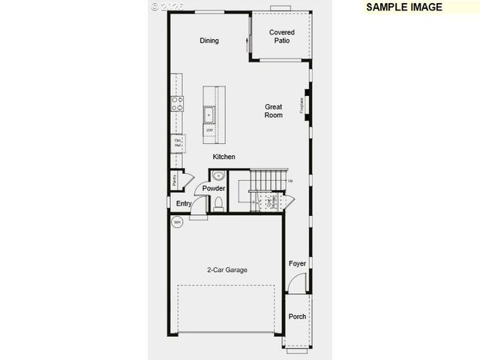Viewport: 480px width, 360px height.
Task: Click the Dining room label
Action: coord(209,40)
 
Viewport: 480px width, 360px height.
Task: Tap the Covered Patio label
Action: coord(282,36)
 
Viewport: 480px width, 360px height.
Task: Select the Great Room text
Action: coord(273,111)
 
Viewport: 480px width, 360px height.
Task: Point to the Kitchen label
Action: coord(223,157)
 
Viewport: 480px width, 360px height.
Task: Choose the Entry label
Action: coord(184,203)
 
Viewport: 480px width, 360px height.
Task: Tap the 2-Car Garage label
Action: coord(227,270)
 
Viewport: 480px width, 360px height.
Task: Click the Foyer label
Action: coord(298,263)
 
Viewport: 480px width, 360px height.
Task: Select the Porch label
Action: coord(298,316)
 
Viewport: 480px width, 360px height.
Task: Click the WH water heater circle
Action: coord(178,223)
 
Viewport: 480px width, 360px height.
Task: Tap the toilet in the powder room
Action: coord(218,202)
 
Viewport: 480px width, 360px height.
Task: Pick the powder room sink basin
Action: coord(218,177)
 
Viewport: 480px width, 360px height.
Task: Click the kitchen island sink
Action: coord(210,115)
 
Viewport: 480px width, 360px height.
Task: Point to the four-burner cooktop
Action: coord(178,103)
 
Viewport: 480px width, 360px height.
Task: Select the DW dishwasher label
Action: coord(210,130)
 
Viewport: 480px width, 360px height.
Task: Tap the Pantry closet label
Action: coord(174,180)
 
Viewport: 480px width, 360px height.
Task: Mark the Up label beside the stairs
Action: coord(290,181)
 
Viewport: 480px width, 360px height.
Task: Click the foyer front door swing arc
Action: coord(297,282)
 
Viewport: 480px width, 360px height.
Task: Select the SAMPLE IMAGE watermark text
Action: coord(404,7)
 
